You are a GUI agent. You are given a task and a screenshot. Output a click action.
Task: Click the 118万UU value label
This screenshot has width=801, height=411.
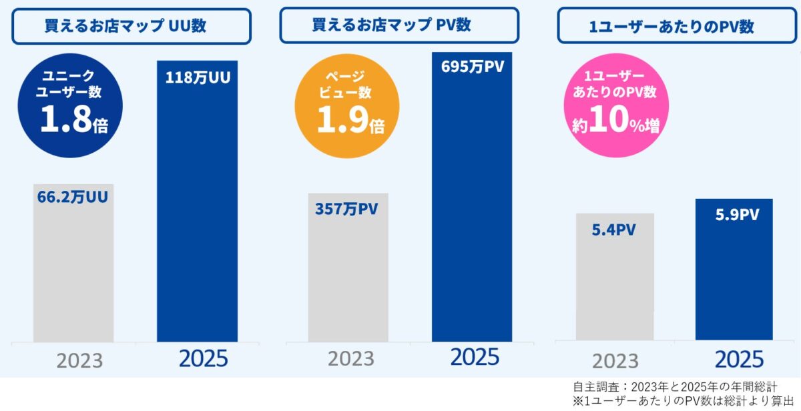198,77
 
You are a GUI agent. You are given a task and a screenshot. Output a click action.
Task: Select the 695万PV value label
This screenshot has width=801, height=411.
472,67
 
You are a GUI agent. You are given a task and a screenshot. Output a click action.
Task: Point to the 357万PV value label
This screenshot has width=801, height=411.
346,209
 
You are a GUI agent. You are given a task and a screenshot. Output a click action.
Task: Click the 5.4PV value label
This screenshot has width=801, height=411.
613,230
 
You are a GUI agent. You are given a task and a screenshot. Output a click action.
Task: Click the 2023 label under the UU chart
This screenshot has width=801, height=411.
79,361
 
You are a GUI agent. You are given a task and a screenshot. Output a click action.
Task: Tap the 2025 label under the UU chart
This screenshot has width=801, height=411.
203,359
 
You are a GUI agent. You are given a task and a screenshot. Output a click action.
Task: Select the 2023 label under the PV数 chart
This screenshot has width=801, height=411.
351,359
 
